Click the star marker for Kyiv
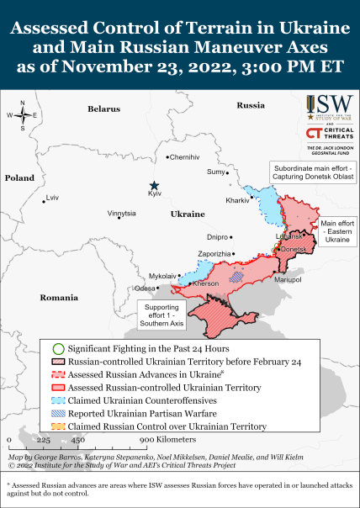point(154,185)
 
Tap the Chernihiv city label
point(185,157)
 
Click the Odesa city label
point(145,288)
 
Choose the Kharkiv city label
point(237,200)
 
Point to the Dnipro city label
point(217,237)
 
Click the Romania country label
point(58,298)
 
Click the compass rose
point(23,115)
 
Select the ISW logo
point(329,105)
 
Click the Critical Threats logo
point(329,135)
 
